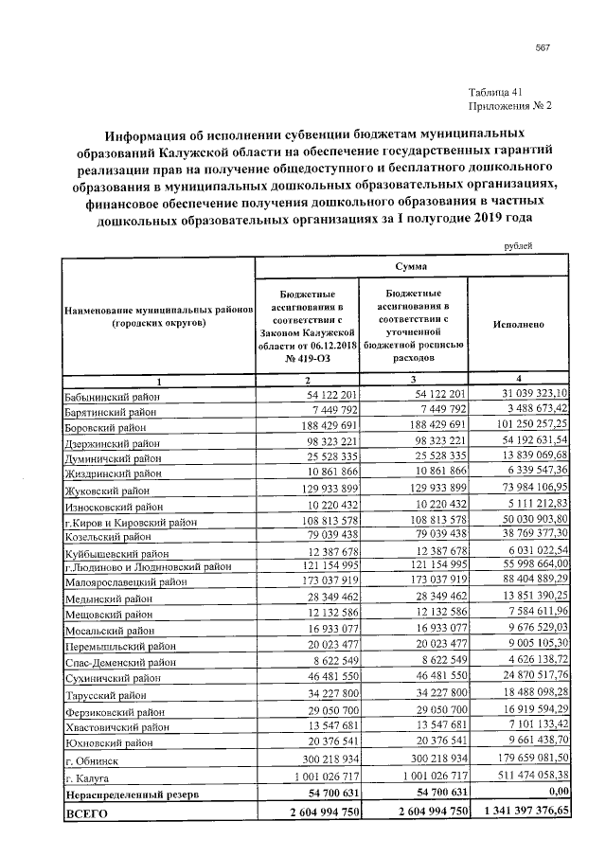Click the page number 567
[x=543, y=49]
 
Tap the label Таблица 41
[x=495, y=92]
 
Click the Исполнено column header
[x=518, y=324]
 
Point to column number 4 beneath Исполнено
[x=518, y=379]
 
